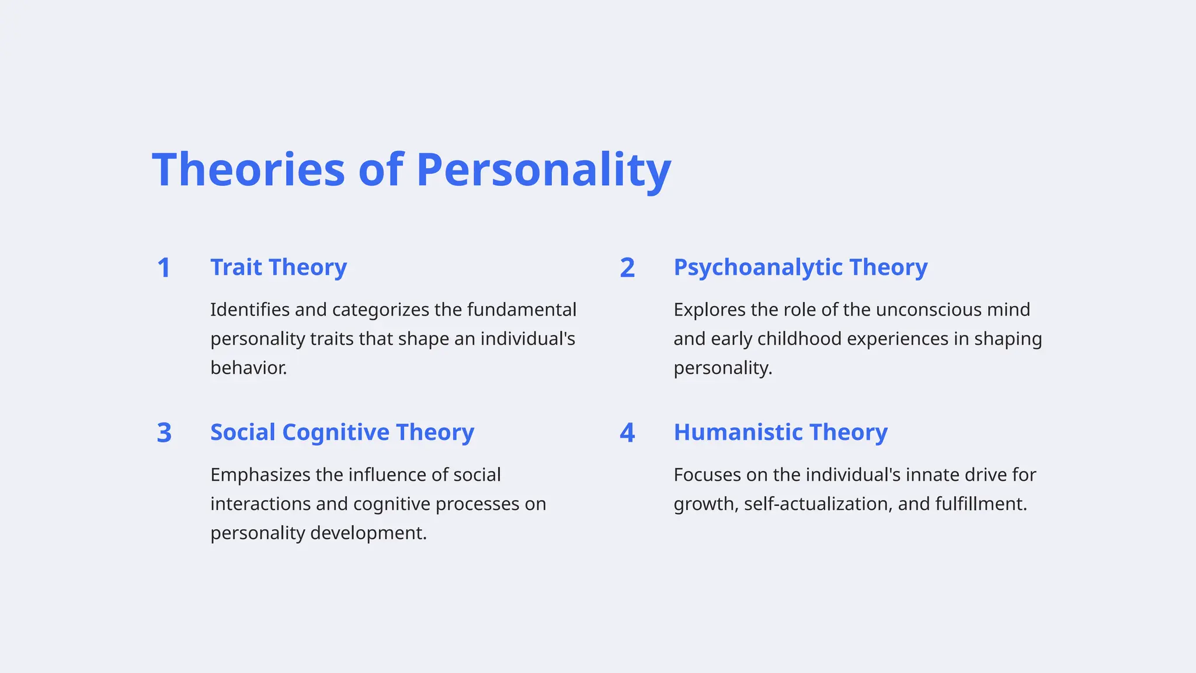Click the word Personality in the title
point(543,169)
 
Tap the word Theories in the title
point(249,169)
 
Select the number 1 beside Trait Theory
point(164,268)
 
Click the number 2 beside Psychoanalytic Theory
point(627,268)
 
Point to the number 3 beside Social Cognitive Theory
point(164,433)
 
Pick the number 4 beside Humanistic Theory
point(627,433)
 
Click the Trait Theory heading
point(279,268)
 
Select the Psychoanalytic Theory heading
point(800,268)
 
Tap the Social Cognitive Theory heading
point(342,432)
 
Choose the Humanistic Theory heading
point(780,432)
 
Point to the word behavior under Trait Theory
point(248,368)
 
